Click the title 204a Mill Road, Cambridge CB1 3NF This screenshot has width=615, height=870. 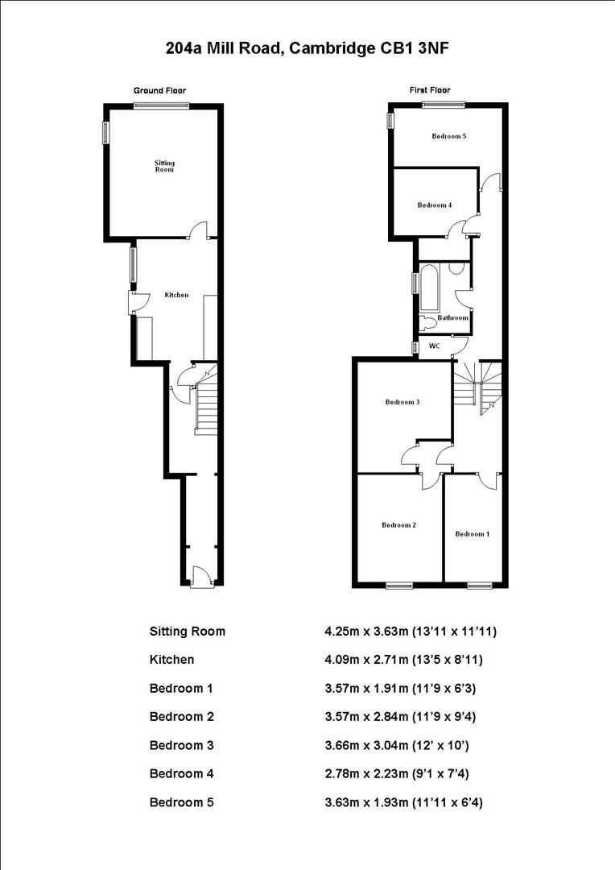pyautogui.click(x=307, y=48)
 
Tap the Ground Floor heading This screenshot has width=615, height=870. pyautogui.click(x=159, y=91)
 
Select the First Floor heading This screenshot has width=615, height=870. pyautogui.click(x=430, y=90)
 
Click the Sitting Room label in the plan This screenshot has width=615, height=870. pyautogui.click(x=164, y=166)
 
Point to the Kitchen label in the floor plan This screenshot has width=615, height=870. pyautogui.click(x=176, y=295)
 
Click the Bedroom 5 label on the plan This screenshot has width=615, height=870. pyautogui.click(x=448, y=136)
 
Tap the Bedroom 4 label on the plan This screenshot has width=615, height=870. pyautogui.click(x=434, y=205)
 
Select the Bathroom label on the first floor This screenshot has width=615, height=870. pyautogui.click(x=452, y=317)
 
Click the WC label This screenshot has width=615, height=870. pyautogui.click(x=434, y=346)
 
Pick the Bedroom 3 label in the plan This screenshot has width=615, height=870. pyautogui.click(x=402, y=402)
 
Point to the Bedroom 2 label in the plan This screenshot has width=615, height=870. pyautogui.click(x=398, y=525)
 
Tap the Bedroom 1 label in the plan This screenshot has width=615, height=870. pyautogui.click(x=472, y=534)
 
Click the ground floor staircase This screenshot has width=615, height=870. pyautogui.click(x=208, y=408)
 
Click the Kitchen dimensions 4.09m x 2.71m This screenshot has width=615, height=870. pyautogui.click(x=407, y=660)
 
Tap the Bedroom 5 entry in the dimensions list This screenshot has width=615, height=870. pyautogui.click(x=181, y=802)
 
